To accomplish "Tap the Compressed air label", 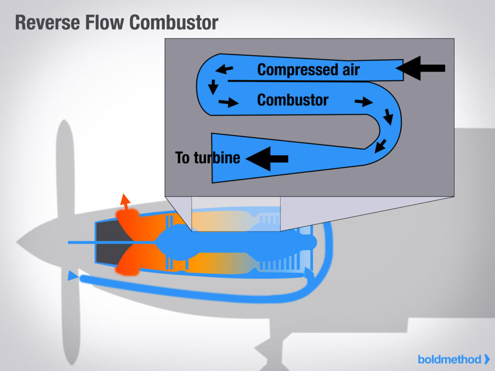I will [x=308, y=70].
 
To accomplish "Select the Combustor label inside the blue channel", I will [x=292, y=100].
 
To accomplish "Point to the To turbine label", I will [x=207, y=157].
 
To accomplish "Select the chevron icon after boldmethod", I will [x=486, y=359].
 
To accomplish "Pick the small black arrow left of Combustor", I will [x=229, y=102].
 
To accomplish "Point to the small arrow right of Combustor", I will [x=364, y=101].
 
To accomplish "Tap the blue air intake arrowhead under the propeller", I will [x=72, y=276].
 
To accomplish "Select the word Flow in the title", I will [x=104, y=22].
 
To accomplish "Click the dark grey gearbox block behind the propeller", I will [x=107, y=242].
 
